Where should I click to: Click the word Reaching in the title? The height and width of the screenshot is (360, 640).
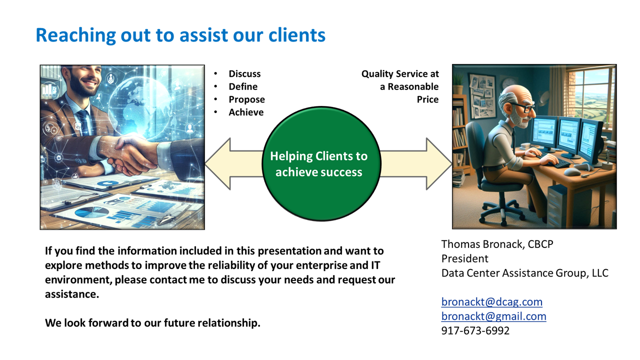tap(75, 35)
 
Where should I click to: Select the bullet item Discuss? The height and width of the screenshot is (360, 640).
tap(244, 73)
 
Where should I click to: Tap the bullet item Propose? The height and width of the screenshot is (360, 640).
tap(246, 99)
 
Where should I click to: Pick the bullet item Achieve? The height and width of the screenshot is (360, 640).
tap(246, 112)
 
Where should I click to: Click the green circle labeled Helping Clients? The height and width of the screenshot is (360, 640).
tap(321, 163)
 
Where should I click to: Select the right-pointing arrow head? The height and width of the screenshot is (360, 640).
tap(439, 163)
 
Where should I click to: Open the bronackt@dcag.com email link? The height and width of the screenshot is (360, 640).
tap(491, 301)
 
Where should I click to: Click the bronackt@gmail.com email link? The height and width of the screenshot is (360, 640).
tap(493, 316)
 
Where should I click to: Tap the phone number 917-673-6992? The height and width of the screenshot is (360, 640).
tap(475, 330)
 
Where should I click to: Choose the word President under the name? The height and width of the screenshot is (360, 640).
tap(465, 258)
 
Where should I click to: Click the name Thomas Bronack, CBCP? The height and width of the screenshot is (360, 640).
tap(497, 244)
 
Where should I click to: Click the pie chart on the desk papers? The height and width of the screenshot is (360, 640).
tap(91, 212)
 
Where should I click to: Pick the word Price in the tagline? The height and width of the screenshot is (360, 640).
tap(427, 99)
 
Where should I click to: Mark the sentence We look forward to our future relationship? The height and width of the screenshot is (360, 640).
tap(152, 323)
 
